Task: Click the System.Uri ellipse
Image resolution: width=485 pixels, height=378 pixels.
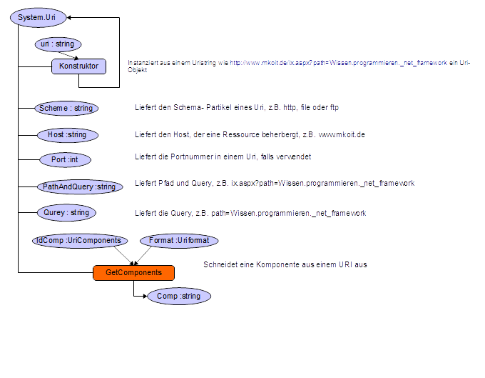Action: [x=38, y=18]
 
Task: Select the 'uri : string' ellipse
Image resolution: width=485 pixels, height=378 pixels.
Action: [x=58, y=44]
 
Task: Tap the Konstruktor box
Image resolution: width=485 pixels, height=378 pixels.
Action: [x=79, y=66]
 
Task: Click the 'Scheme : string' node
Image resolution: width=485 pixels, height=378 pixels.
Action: [x=66, y=108]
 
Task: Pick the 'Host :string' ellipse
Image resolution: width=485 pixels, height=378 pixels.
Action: [x=68, y=135]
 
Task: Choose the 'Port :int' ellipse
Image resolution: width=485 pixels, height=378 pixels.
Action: [x=66, y=160]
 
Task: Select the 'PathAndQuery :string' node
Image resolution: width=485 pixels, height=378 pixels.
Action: [x=80, y=186]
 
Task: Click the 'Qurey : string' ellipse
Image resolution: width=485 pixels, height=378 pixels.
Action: [x=66, y=213]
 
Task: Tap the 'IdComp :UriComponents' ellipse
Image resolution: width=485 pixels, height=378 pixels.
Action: [x=80, y=241]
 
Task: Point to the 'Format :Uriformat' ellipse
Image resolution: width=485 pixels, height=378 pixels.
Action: [x=179, y=241]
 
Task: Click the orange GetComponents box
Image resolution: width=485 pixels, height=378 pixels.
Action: [x=133, y=273]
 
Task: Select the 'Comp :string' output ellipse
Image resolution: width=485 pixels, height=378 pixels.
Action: [x=179, y=297]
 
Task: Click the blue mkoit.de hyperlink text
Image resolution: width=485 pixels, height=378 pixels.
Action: [x=338, y=63]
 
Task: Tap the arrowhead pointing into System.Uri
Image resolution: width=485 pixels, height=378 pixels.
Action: [x=68, y=18]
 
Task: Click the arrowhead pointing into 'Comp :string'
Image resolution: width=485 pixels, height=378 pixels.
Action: [x=145, y=297]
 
